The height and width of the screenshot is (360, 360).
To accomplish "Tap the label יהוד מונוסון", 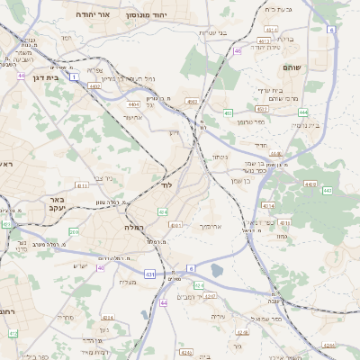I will coord(147,15).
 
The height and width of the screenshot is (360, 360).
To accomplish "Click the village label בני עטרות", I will coord(213,32).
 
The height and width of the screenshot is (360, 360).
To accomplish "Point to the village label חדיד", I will coord(262,145).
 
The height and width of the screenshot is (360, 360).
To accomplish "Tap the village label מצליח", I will coord(127,282).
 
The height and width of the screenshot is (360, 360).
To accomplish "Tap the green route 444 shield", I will coord(303,112).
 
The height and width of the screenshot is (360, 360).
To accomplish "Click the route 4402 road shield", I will coord(94,86).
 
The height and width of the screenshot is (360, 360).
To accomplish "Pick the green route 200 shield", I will coord(74,231).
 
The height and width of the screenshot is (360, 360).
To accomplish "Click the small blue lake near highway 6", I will coord(216,270).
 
